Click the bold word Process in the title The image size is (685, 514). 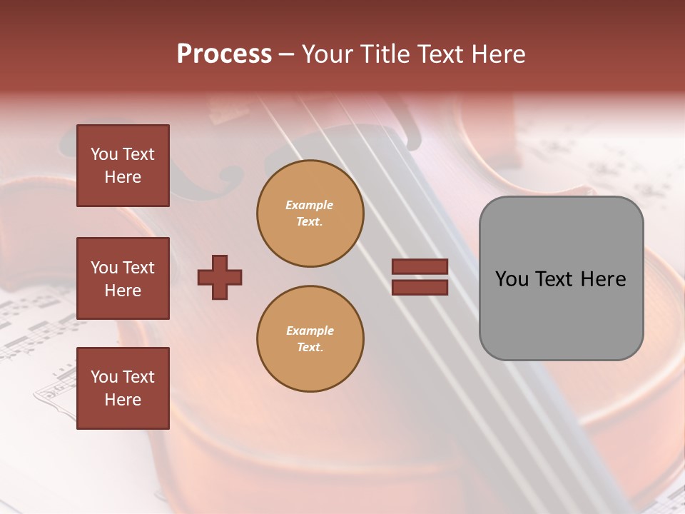224,54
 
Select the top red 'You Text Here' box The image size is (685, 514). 123,166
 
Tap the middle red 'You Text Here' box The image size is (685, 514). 123,278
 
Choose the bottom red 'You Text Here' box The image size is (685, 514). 123,388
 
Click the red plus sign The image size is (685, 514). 220,277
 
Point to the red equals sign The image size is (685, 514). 420,277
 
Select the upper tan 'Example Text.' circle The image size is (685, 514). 310,213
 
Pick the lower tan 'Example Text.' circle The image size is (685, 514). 310,339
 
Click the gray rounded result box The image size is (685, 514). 561,278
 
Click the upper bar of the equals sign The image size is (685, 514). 420,266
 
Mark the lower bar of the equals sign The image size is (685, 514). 420,288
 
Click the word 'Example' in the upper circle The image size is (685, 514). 310,206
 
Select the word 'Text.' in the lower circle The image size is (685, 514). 310,348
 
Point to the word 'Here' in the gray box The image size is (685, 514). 604,279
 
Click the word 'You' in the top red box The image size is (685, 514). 104,154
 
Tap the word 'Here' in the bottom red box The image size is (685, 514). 123,400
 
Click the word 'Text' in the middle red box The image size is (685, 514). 138,268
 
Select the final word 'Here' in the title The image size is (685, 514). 499,54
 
